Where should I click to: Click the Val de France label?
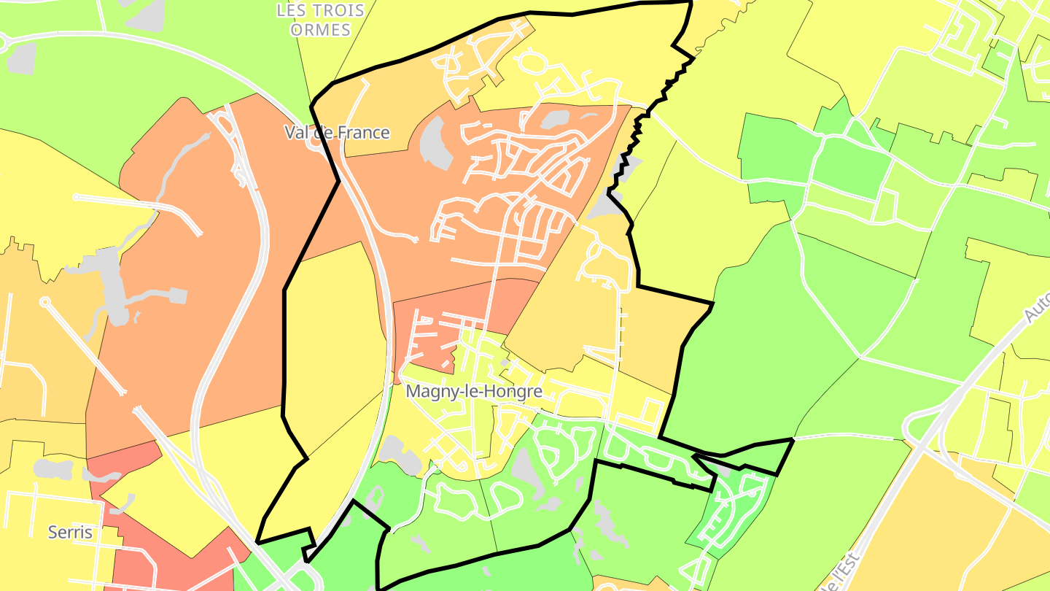click(x=336, y=133)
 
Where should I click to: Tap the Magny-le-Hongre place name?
click(x=474, y=391)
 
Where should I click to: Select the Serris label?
click(x=70, y=532)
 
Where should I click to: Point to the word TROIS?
click(x=330, y=11)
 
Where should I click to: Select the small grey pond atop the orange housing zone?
click(x=556, y=119)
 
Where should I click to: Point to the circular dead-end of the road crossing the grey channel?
click(x=45, y=301)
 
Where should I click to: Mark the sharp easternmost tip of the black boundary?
click(x=793, y=440)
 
